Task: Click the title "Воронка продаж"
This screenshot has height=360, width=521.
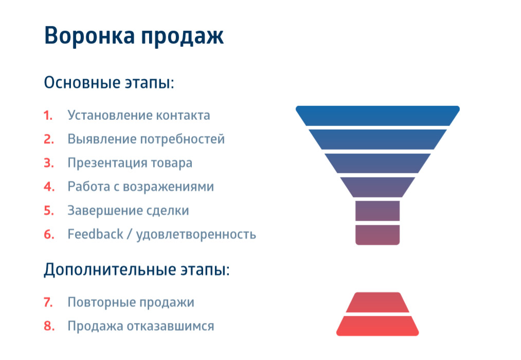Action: [134, 37]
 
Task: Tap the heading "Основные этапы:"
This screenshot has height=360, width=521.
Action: [109, 82]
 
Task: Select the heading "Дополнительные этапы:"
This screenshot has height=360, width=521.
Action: [136, 269]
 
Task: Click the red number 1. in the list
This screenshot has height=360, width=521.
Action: [48, 115]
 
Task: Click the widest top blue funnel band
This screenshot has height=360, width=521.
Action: [378, 116]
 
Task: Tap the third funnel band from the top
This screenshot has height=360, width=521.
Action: [378, 163]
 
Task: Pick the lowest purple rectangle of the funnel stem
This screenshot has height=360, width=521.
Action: [378, 235]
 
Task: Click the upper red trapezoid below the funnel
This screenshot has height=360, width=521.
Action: [378, 302]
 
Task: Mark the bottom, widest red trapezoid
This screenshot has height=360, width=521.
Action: [378, 326]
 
